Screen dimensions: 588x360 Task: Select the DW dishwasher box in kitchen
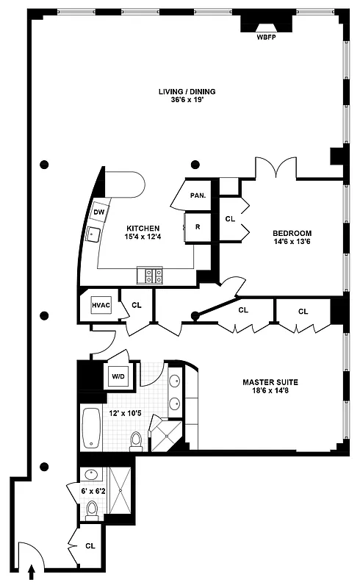coord(98,212)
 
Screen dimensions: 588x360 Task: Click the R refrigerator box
coord(198,226)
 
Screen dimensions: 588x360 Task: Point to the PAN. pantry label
coord(197,196)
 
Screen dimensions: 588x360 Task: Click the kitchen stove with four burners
coord(151,276)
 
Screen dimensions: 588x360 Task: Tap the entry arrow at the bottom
coord(32,570)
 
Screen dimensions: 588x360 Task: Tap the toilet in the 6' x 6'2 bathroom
coord(90,509)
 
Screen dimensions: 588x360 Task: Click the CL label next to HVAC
coord(136,304)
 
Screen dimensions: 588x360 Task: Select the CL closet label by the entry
coord(90,546)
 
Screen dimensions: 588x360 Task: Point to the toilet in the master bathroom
coord(136,440)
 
